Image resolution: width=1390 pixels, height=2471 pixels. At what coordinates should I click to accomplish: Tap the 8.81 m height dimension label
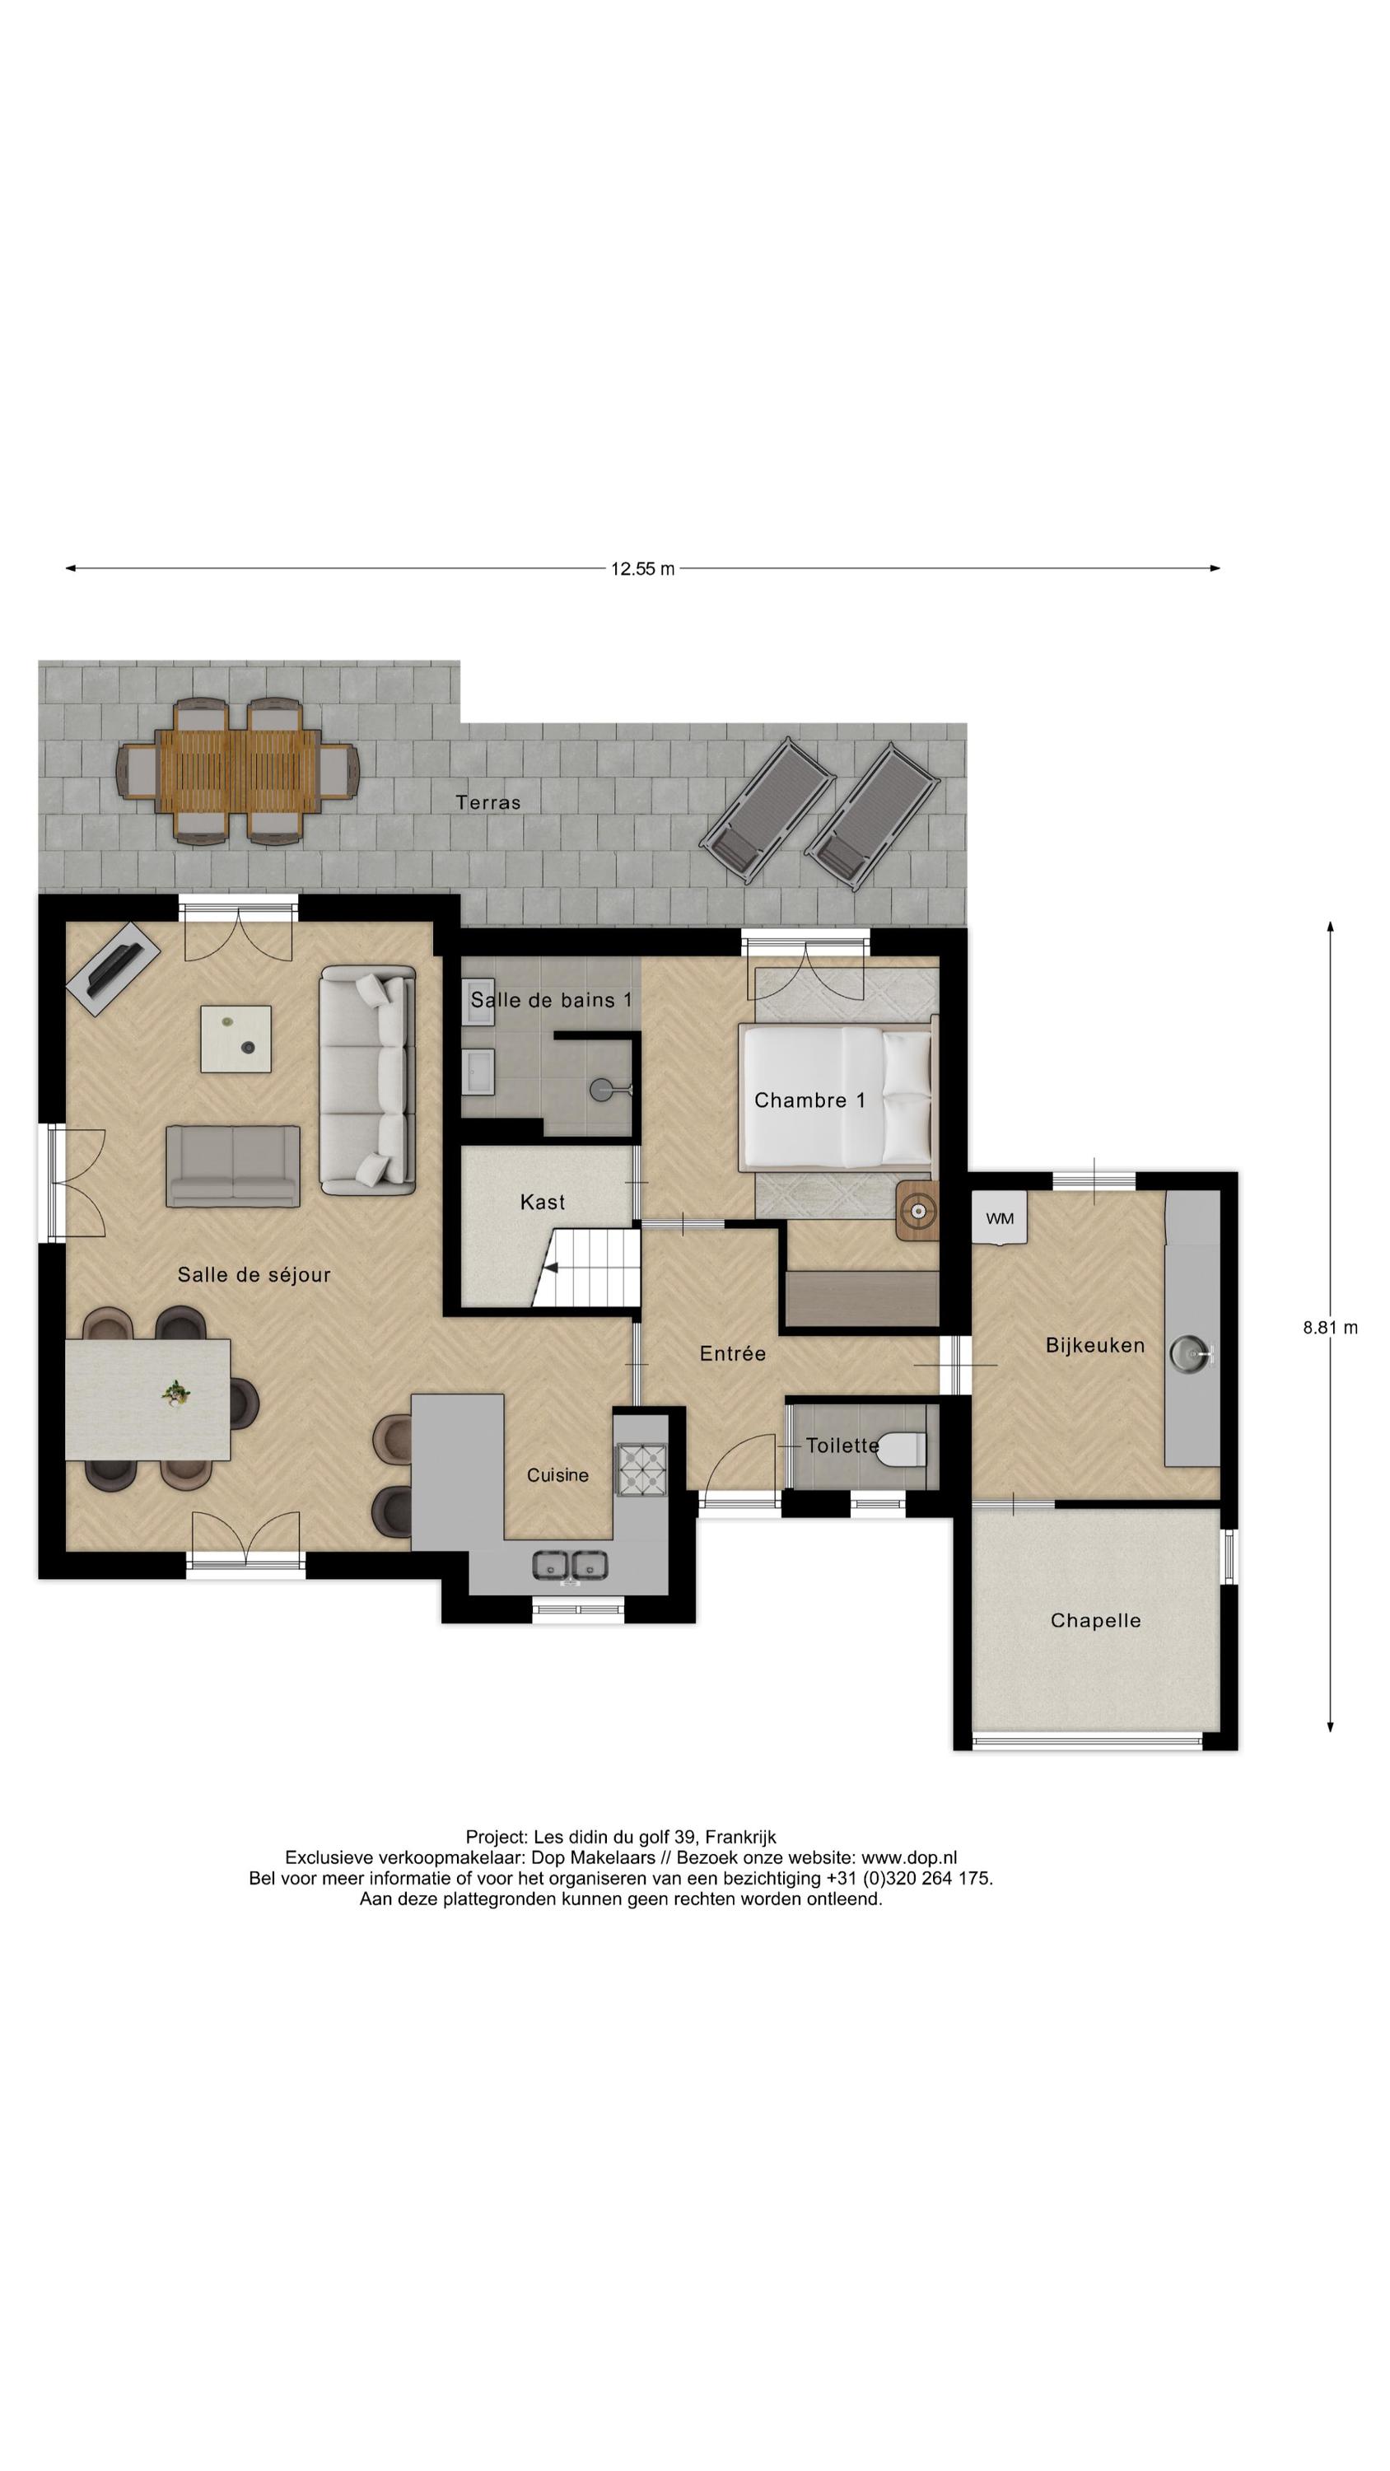click(x=1330, y=1328)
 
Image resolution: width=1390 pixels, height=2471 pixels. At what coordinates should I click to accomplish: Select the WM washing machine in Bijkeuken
click(x=999, y=1218)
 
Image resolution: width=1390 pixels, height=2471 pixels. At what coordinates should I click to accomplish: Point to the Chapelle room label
click(x=1095, y=1620)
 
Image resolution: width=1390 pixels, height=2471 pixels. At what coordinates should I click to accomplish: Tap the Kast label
click(x=542, y=1202)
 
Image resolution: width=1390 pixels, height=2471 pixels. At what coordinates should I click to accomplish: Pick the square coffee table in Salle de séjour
click(x=235, y=1039)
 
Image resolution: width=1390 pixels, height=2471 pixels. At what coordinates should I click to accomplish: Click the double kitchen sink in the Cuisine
click(x=571, y=1564)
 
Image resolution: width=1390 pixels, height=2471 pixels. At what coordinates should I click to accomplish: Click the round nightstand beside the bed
click(x=918, y=1212)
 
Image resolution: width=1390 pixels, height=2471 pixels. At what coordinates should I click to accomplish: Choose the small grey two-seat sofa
click(x=233, y=1165)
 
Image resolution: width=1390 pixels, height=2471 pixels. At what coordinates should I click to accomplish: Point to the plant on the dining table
click(x=175, y=1392)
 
